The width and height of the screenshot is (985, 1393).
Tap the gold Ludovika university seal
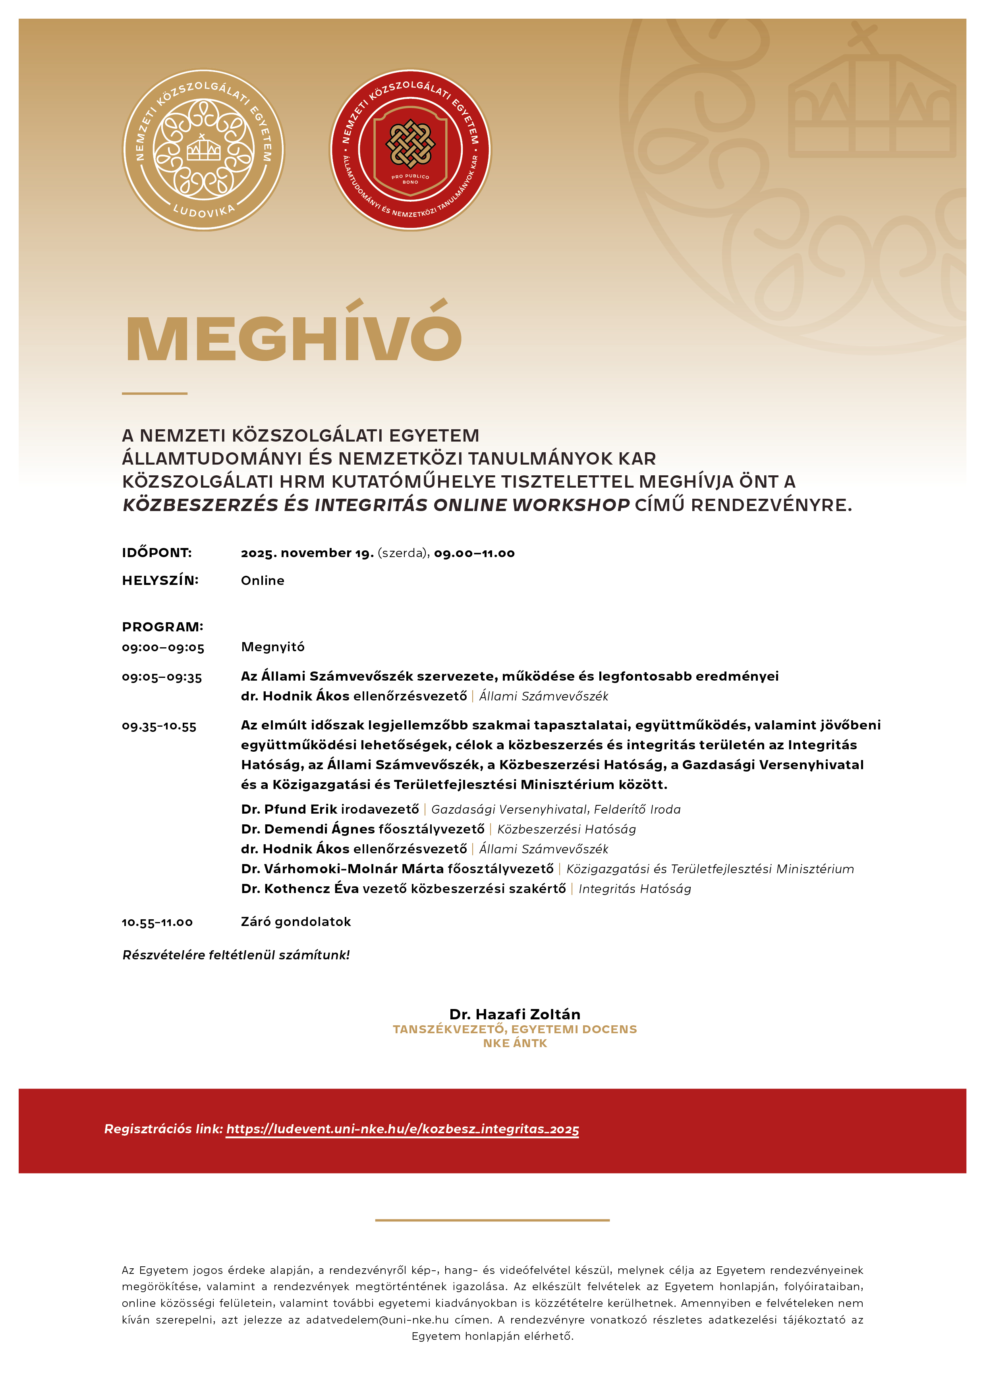click(x=203, y=150)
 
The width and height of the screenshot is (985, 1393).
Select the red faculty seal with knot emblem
click(x=410, y=150)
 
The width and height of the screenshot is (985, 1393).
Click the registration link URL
click(x=402, y=1129)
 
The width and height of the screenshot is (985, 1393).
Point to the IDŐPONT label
click(x=156, y=553)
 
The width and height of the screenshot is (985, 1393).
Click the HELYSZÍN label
click(x=160, y=581)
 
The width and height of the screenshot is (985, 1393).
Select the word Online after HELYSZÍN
click(x=262, y=581)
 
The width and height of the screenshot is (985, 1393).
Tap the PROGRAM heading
click(x=163, y=627)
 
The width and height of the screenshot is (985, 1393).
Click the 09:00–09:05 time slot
click(x=163, y=647)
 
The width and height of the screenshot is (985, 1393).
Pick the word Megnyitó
click(x=272, y=647)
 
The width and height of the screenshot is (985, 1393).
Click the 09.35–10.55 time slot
click(x=159, y=726)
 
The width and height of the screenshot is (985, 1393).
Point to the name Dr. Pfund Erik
click(x=289, y=809)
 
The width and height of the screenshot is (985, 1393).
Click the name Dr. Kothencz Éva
click(x=300, y=889)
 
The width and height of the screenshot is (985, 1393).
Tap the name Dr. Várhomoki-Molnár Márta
click(x=342, y=869)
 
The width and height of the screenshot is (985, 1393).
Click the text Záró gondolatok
click(x=295, y=922)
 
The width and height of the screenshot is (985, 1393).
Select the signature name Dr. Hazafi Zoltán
click(x=515, y=1015)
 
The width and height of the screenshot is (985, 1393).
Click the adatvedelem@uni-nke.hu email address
click(x=377, y=1320)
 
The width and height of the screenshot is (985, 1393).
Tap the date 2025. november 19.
click(x=307, y=553)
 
